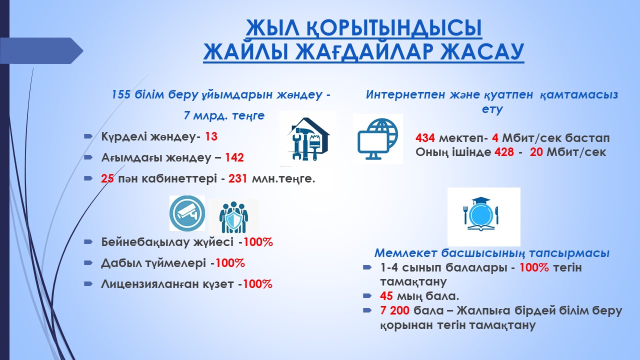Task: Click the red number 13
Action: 211,136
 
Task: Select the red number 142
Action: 234,157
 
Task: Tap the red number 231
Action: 237,178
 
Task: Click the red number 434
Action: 425,138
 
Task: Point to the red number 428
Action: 504,152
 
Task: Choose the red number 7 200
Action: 394,310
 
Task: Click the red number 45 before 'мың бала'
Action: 386,296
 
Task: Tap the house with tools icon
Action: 308,138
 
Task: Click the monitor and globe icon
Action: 378,139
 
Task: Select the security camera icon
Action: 187,213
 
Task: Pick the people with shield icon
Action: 233,217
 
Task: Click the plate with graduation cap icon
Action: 483,217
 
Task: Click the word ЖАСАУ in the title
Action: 481,52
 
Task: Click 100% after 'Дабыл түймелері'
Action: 230,263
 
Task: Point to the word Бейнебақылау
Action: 167,242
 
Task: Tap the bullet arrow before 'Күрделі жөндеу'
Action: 88,136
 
